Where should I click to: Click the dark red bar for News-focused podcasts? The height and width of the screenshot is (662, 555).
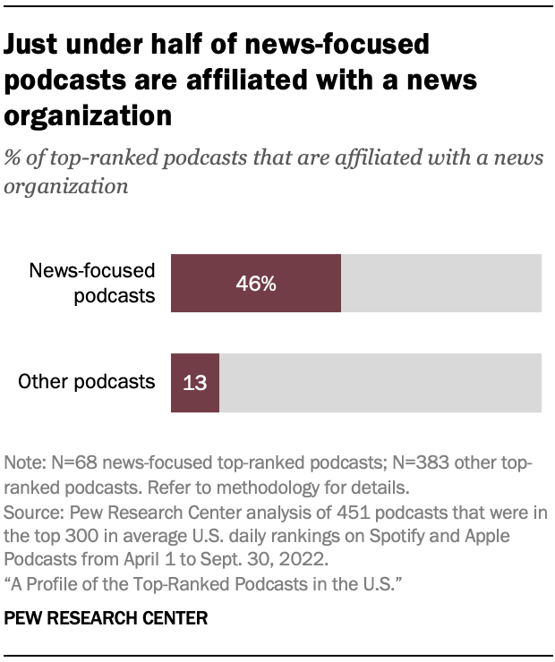click(x=256, y=284)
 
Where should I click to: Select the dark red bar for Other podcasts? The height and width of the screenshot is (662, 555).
click(x=195, y=383)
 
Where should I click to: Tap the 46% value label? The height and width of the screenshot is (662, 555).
click(x=256, y=284)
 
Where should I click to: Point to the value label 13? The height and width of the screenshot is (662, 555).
click(x=195, y=383)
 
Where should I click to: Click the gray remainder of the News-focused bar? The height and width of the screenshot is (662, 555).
click(x=441, y=284)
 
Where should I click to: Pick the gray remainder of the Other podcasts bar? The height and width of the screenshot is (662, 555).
click(x=380, y=383)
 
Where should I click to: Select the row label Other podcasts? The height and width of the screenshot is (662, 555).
click(x=87, y=382)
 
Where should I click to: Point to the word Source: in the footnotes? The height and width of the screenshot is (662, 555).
click(x=32, y=513)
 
